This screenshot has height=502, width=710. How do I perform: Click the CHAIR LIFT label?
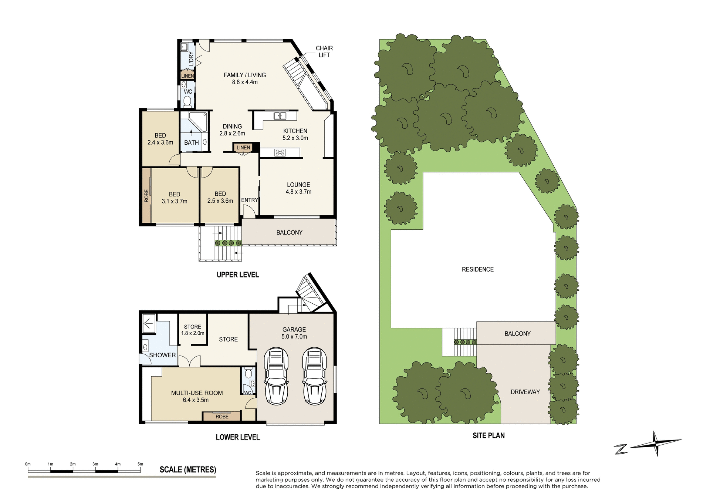(324, 51)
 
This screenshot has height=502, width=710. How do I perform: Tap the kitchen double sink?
(280, 116)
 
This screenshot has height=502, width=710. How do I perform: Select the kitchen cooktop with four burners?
(280, 152)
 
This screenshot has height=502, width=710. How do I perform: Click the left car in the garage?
(276, 375)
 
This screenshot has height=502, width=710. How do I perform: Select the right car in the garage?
(314, 375)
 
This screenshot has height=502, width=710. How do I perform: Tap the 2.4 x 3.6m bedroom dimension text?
(160, 142)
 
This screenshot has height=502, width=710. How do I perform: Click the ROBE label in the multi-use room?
(222, 417)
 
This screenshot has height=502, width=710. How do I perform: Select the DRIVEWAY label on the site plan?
(525, 392)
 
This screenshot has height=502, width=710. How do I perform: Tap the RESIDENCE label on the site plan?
(477, 269)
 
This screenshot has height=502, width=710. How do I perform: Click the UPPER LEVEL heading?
(237, 274)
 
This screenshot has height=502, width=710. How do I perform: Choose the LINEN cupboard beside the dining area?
(243, 148)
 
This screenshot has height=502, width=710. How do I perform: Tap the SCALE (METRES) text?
(187, 470)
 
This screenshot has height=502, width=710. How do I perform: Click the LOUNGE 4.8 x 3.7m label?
(298, 188)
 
